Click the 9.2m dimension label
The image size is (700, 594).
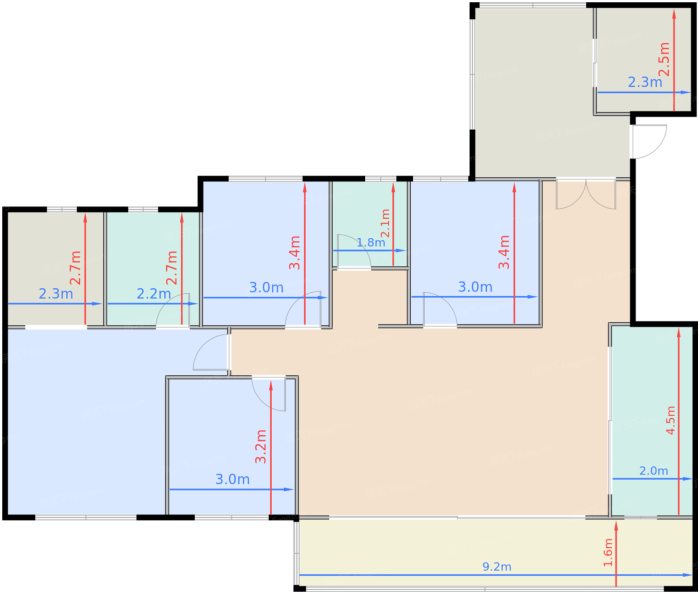pos(496,566)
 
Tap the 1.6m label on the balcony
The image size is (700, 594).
pos(608,552)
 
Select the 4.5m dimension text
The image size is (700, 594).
pos(670,420)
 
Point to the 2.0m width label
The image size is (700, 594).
pos(653,470)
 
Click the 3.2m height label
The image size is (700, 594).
pos(260,446)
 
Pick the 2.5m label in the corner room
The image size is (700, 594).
pos(663,59)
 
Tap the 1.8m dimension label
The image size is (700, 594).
pos(371,242)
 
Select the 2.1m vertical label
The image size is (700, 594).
pos(385,223)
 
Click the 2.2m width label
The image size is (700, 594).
pos(153,293)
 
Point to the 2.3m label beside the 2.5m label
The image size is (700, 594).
pos(645,82)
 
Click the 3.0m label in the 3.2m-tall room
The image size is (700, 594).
pos(232,479)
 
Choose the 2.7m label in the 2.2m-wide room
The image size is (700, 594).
pos(172,267)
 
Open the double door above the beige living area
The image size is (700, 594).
pos(585,194)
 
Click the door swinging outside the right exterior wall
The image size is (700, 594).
pos(648,142)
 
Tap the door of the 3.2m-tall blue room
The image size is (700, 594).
pos(269,393)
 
